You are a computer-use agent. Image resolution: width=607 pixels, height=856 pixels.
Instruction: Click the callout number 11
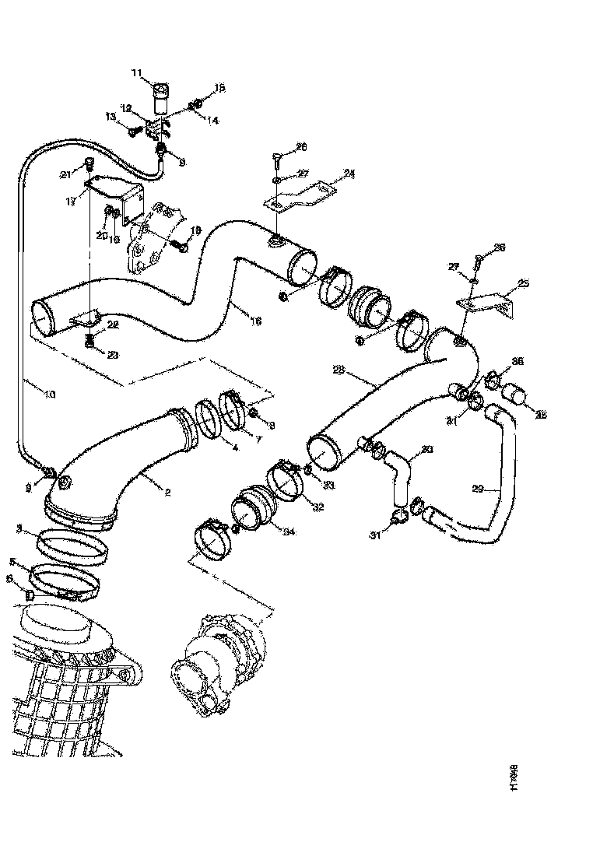[137, 73]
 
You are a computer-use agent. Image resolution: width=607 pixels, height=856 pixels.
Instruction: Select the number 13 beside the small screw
[111, 117]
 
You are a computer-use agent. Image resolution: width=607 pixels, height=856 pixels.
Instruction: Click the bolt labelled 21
[89, 163]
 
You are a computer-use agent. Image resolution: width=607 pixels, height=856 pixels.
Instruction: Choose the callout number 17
[71, 200]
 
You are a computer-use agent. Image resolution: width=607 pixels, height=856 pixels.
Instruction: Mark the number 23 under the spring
[114, 355]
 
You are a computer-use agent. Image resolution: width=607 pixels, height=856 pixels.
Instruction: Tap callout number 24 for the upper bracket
[349, 174]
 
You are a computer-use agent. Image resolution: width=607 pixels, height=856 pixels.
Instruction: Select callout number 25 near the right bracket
[524, 283]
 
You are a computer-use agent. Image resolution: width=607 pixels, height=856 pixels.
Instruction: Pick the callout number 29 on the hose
[479, 489]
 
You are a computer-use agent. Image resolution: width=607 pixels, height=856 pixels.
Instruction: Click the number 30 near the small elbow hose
[426, 449]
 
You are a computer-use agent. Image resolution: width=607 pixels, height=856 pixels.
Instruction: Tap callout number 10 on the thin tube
[49, 395]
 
